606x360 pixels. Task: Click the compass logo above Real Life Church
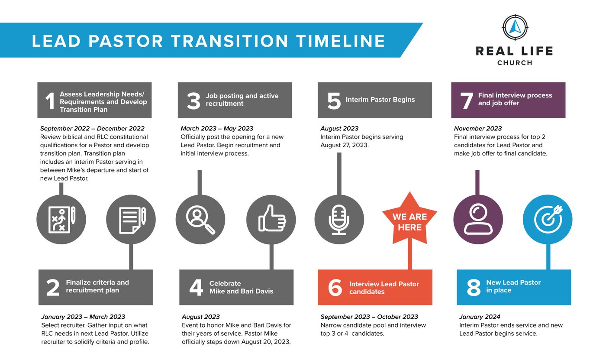[515, 27]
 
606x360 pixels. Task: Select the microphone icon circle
[339, 220]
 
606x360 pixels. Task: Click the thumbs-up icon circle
[271, 220]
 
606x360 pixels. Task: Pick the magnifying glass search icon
[200, 220]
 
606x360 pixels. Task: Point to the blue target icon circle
[548, 220]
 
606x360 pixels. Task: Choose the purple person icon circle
[478, 220]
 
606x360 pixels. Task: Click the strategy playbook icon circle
[61, 220]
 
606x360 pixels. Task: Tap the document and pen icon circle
[131, 220]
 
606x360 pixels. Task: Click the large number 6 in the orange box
[335, 288]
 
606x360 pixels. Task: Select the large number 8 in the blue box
[474, 288]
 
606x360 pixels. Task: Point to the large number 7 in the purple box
[467, 101]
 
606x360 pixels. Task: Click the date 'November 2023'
[478, 128]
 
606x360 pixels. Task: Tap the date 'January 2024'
[480, 317]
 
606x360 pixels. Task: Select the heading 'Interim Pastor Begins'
[380, 100]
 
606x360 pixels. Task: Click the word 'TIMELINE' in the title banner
[341, 41]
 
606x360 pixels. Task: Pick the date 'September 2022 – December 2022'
[92, 128]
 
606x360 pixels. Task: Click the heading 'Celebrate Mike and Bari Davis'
[241, 288]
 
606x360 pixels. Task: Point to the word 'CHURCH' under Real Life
[515, 63]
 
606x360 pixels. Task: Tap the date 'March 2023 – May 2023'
[217, 128]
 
